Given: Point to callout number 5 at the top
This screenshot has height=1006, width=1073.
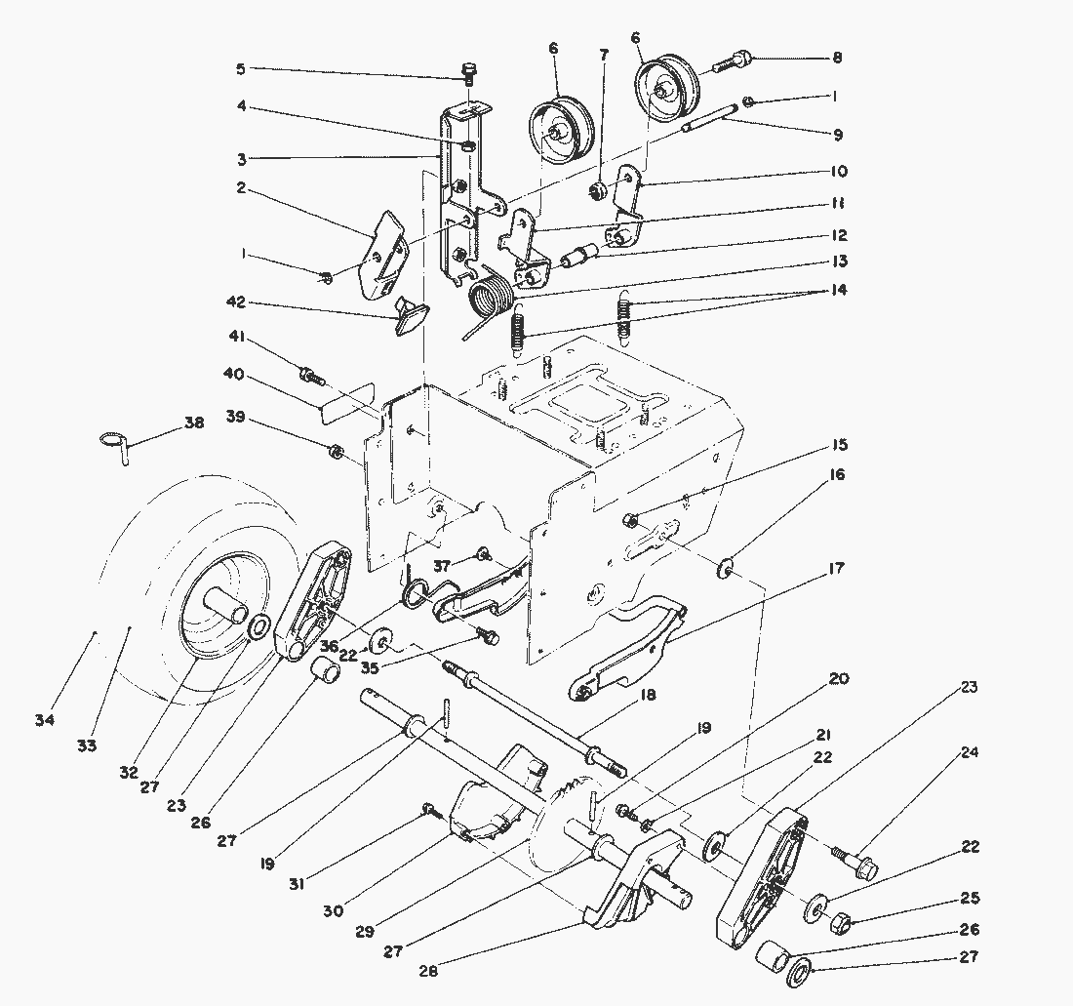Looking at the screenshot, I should click(x=240, y=69).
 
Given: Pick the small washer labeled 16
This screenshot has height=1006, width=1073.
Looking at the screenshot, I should click(x=725, y=567).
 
